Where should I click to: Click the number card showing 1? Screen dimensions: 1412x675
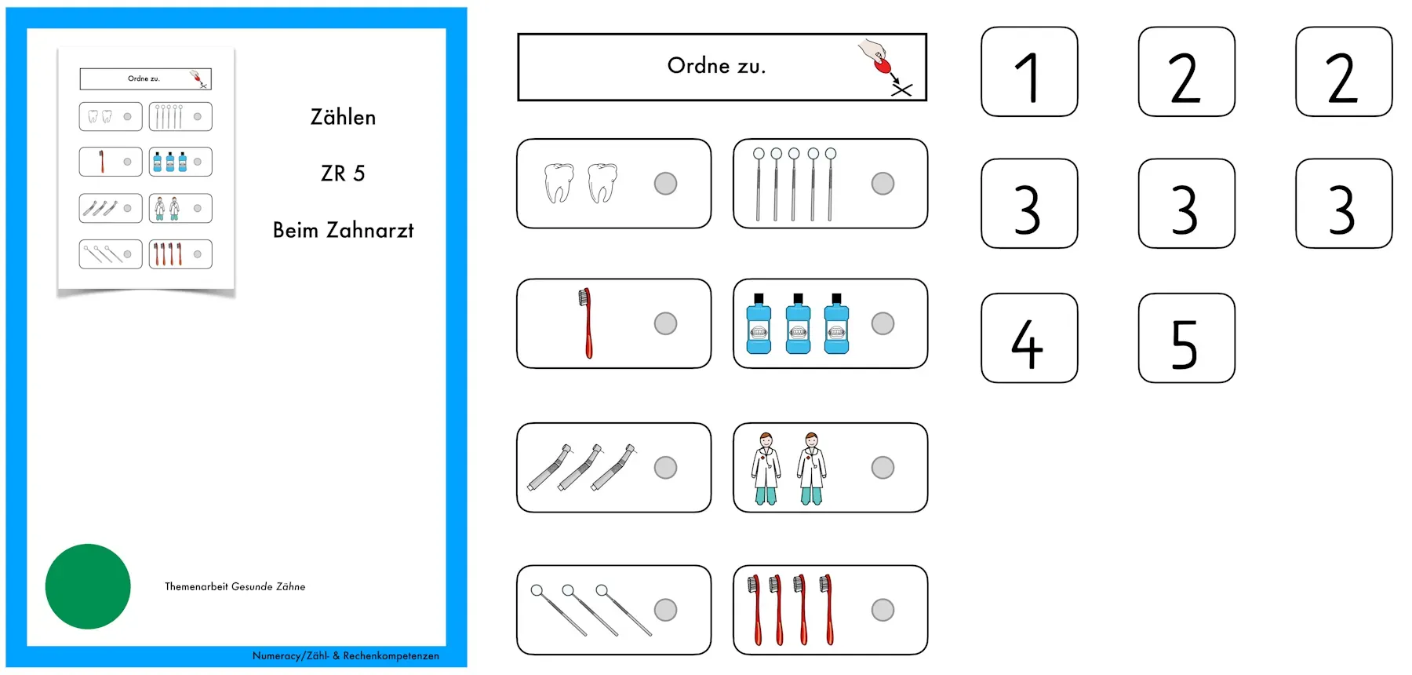1029,71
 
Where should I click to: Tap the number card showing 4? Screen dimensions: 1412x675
1029,338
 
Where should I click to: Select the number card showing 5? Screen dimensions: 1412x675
1187,338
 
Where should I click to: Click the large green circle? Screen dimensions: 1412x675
88,586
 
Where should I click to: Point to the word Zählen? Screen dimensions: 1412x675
343,117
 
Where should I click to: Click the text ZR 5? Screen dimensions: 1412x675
343,173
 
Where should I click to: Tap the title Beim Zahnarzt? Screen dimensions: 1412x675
343,230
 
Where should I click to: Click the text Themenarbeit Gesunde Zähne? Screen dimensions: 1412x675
235,586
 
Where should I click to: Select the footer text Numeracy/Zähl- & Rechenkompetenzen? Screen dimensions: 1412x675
345,655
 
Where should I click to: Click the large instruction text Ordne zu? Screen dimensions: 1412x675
716,66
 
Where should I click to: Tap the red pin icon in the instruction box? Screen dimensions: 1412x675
883,65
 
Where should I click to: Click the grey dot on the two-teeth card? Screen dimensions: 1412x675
665,184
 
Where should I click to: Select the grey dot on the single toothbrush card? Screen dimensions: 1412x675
665,323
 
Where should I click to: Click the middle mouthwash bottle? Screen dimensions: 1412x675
798,323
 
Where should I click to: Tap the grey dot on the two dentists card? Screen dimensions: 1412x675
883,468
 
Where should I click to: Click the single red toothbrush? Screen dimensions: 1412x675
585,323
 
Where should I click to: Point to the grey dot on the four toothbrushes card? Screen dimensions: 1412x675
883,610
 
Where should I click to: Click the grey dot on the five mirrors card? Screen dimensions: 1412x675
883,184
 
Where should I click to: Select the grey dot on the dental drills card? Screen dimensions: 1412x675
665,468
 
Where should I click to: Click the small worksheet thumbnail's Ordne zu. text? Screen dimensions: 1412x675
144,78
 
